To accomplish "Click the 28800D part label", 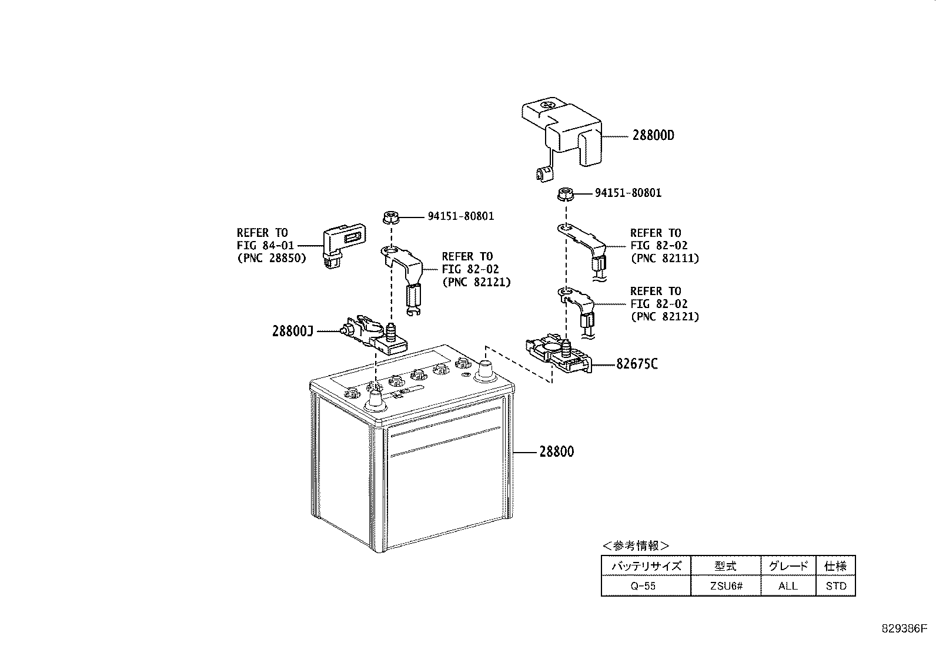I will click(653, 136).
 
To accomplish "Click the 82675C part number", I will click(637, 364).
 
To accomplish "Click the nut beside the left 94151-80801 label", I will click(390, 217).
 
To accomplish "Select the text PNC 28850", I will click(272, 257).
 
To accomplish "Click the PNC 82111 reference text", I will click(665, 257).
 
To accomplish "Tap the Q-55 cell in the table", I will click(645, 586).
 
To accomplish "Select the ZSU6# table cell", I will click(725, 586).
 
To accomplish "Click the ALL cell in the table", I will click(788, 586).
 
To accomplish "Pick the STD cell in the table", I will click(835, 586).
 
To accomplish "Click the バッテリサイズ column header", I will click(645, 566).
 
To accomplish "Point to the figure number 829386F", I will click(904, 627).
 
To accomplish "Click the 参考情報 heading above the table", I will click(636, 545).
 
